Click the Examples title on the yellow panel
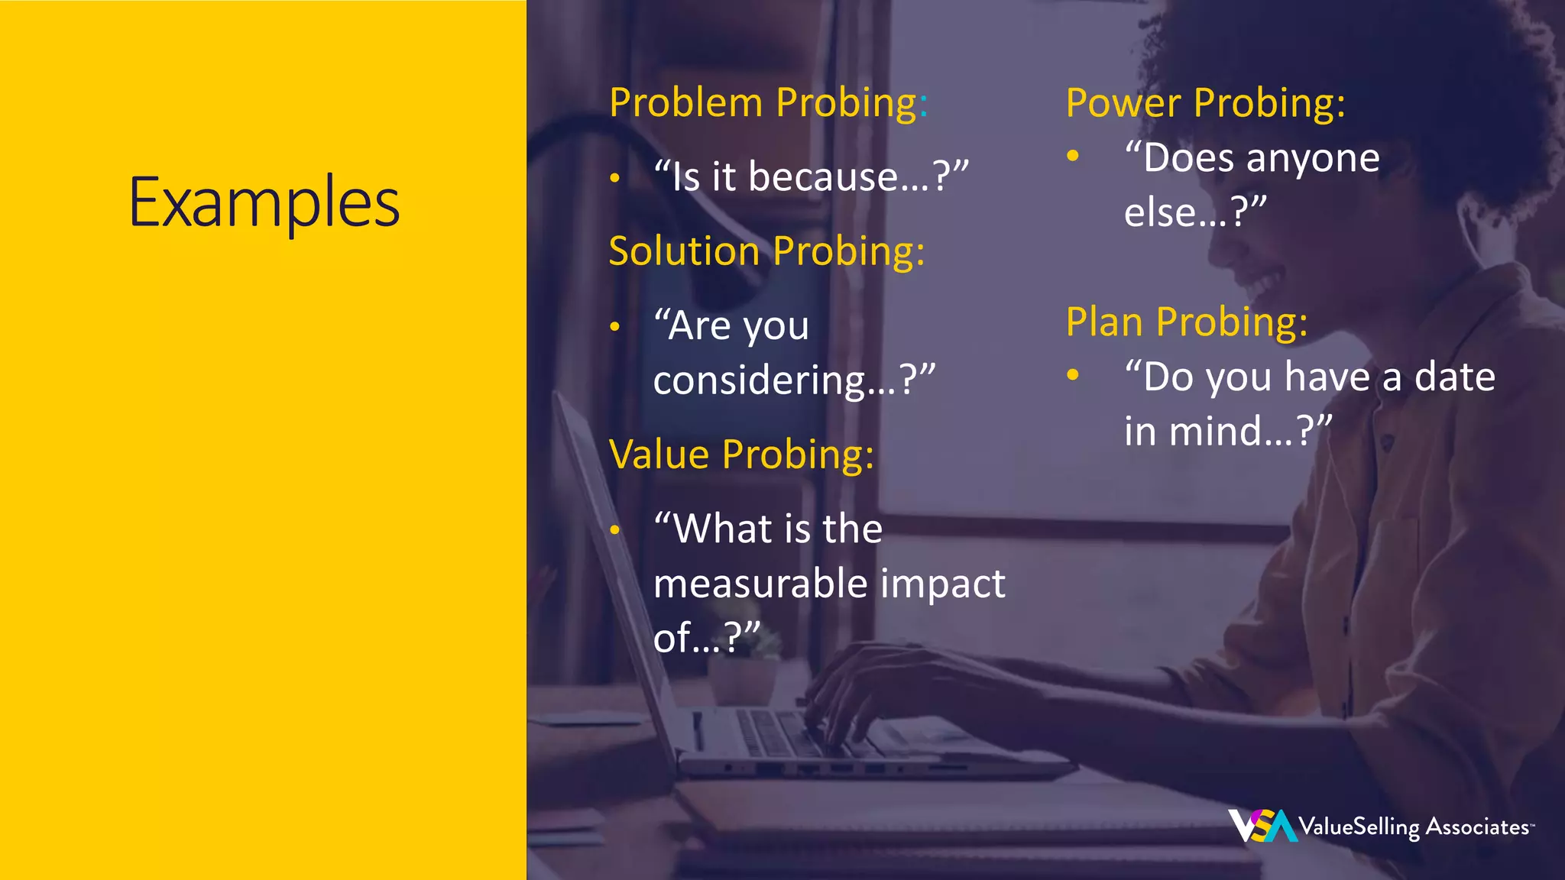264,203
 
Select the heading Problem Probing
767,103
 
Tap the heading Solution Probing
766,251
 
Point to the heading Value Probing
741,455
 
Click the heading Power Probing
1205,103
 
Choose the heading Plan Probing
1186,322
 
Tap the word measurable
760,584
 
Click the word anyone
1312,159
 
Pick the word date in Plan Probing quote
1454,377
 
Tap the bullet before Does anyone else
1073,156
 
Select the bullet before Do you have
1073,374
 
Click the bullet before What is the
615,529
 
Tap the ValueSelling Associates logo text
1414,827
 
